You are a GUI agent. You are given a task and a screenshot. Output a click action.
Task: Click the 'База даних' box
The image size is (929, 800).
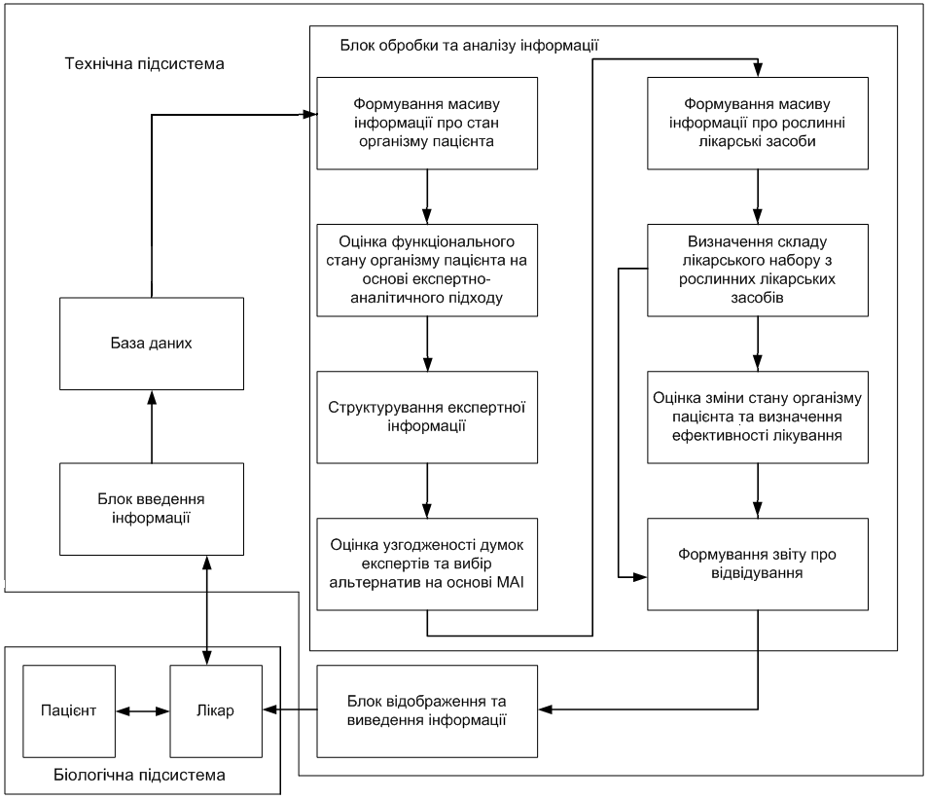coord(152,344)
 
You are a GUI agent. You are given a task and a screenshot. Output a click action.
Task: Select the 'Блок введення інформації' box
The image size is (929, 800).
coord(152,509)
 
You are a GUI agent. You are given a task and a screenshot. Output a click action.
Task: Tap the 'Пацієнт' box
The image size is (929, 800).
coord(69,711)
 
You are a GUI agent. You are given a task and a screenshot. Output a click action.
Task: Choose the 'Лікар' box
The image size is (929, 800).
coord(216,711)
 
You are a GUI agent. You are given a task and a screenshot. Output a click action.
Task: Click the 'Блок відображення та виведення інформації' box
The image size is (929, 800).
coord(427,711)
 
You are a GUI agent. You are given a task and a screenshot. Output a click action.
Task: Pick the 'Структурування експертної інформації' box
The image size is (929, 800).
coord(427,418)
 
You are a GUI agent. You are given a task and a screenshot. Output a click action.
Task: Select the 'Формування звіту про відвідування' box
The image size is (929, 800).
coord(758,564)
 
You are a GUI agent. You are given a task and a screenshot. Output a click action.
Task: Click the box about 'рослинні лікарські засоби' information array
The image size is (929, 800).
coord(758,124)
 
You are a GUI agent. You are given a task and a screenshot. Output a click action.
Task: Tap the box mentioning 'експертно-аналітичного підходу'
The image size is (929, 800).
coord(427,271)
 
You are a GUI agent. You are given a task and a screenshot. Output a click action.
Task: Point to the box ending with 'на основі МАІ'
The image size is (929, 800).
coord(427,564)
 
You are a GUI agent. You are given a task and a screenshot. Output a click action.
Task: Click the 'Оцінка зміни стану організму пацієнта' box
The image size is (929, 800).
coord(758,418)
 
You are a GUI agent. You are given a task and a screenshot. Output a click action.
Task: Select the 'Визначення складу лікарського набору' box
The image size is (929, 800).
coord(758,271)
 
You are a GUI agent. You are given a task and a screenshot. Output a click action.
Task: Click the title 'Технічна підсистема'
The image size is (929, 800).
coord(145,64)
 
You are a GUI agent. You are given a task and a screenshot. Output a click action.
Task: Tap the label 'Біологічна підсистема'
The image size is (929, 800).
coord(139,775)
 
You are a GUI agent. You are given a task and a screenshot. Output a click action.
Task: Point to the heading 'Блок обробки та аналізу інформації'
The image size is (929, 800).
coord(469,46)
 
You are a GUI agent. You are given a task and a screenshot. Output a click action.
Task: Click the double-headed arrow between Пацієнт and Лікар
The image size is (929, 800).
coord(143,711)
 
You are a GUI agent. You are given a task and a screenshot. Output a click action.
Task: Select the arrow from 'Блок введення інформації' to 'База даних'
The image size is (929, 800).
coord(152,426)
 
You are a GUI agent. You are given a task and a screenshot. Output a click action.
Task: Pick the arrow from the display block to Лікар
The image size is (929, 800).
coord(290,709)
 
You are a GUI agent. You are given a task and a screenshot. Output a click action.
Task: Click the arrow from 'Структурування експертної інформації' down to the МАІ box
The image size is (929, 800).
coord(427,491)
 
